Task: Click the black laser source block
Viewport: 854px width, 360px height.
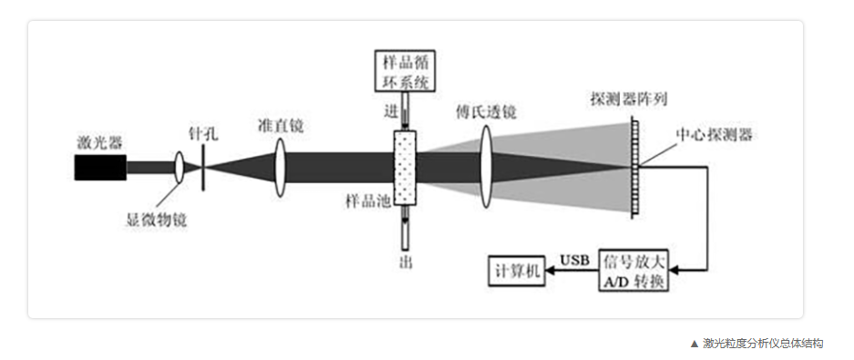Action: click(x=101, y=167)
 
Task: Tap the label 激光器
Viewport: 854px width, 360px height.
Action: click(x=99, y=144)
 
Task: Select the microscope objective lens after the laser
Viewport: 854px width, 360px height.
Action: click(x=180, y=167)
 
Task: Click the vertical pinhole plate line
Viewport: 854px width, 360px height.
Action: click(x=202, y=168)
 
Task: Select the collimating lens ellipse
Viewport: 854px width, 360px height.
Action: click(x=280, y=167)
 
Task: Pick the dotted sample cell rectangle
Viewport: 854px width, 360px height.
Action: click(x=404, y=168)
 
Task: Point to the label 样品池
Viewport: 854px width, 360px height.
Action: click(x=367, y=201)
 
